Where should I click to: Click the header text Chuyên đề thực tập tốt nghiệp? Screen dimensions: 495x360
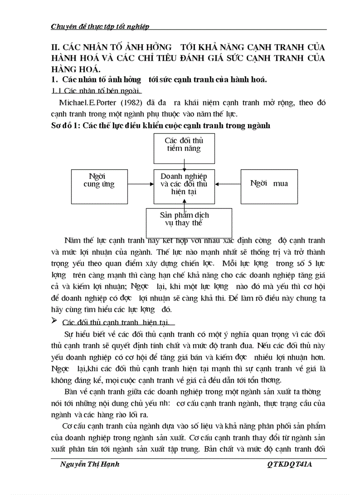pyautogui.click(x=100, y=26)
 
